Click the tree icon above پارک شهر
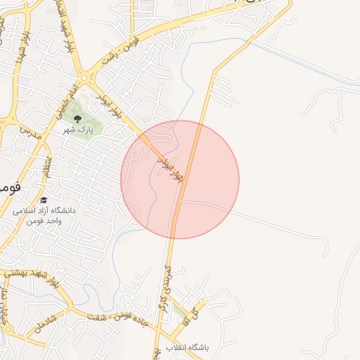[77, 119]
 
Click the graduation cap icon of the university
[44, 200]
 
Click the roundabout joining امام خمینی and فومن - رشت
[86, 77]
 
